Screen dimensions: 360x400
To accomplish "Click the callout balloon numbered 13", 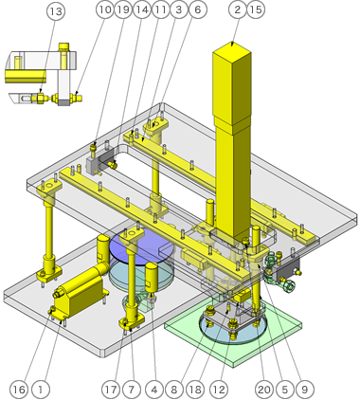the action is [56, 11].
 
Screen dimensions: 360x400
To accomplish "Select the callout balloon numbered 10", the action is [105, 9].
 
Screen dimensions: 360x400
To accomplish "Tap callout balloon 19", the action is [123, 9].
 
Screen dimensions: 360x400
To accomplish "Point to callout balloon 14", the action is [142, 9].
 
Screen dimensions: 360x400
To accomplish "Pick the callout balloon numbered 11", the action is [161, 9].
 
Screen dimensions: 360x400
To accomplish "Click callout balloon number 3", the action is [179, 9].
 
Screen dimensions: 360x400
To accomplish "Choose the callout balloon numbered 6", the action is [198, 9].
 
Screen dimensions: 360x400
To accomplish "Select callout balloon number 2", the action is [238, 9].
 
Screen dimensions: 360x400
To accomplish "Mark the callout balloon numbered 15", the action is [256, 9].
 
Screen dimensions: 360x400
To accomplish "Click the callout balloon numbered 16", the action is [19, 390].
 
